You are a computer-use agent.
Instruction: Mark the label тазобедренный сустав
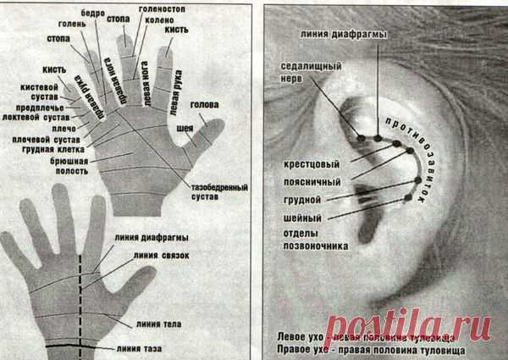tap(196, 191)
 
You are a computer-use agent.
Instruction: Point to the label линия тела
tap(157, 322)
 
